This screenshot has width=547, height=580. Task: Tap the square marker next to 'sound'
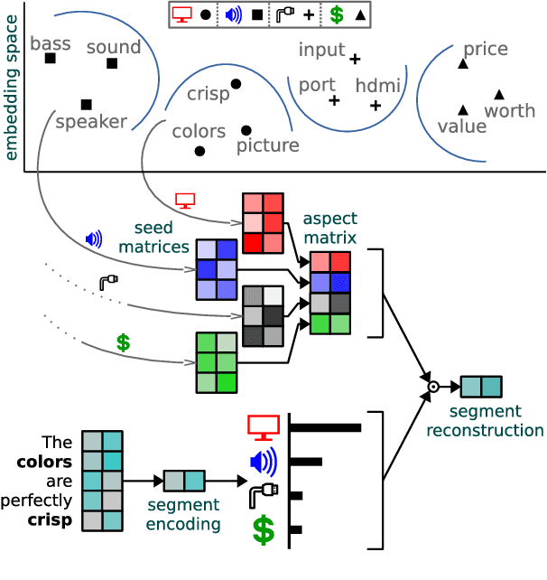pyautogui.click(x=112, y=63)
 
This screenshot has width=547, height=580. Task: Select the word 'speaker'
pyautogui.click(x=91, y=122)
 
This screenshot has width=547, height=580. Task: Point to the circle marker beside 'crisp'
pyautogui.click(x=236, y=84)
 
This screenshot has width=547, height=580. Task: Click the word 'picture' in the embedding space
pyautogui.click(x=267, y=145)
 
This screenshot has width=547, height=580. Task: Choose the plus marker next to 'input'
pyautogui.click(x=355, y=59)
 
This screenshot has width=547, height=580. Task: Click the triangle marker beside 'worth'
pyautogui.click(x=499, y=94)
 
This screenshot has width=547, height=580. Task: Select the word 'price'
pyautogui.click(x=486, y=50)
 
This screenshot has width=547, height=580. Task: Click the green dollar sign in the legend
pyautogui.click(x=336, y=14)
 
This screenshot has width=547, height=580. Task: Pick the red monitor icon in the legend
pyautogui.click(x=181, y=14)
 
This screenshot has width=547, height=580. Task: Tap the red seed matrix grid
pyautogui.click(x=263, y=222)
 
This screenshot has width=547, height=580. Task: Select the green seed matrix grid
pyautogui.click(x=217, y=362)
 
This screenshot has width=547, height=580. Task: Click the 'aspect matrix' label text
pyautogui.click(x=329, y=227)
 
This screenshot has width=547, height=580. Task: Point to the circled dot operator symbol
pyautogui.click(x=432, y=387)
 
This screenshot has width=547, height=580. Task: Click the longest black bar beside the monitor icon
pyautogui.click(x=325, y=427)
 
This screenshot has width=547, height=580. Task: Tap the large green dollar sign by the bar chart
pyautogui.click(x=263, y=530)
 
